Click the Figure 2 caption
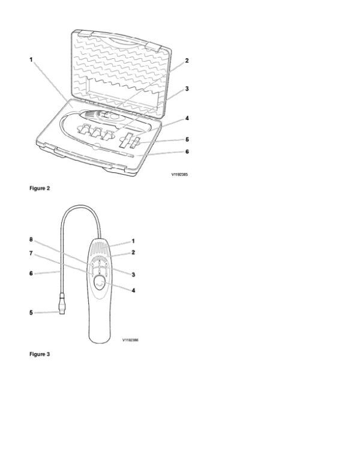(40, 188)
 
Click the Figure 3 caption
(40, 354)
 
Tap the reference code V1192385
(179, 175)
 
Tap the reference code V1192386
(130, 340)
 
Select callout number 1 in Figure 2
(31, 59)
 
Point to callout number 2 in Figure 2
(187, 61)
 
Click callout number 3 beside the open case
(187, 88)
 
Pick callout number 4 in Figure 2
(187, 118)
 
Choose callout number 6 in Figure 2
(187, 151)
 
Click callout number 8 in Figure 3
(31, 239)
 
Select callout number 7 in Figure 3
(31, 253)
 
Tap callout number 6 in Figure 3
(31, 273)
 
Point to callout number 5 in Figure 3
(31, 312)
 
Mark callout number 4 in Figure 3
(133, 291)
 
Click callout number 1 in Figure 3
(133, 241)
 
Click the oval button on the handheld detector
(100, 284)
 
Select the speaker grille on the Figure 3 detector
(100, 246)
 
